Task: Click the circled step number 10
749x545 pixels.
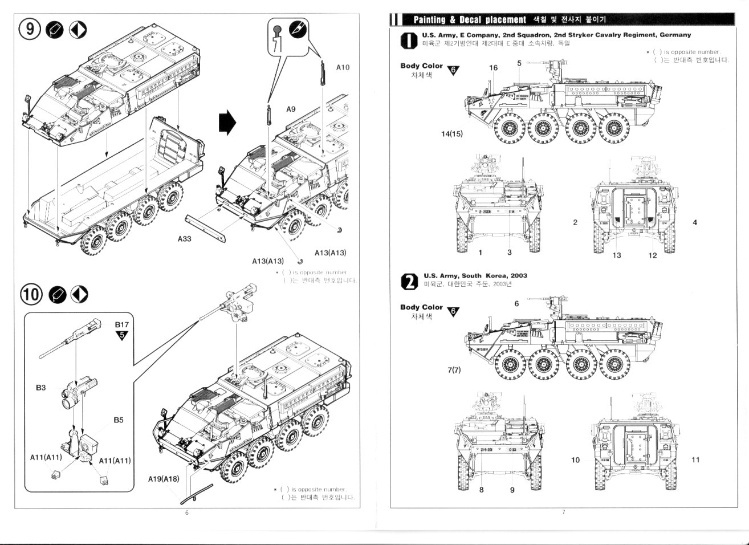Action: tap(32, 294)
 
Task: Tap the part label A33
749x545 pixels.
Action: tap(184, 239)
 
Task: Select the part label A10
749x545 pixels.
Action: tap(343, 67)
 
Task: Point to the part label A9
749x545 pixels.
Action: tap(291, 108)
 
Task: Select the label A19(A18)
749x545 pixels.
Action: tap(164, 478)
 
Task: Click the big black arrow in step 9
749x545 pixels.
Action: tap(227, 123)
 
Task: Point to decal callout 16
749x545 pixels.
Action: tap(493, 68)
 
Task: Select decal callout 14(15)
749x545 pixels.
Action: tap(451, 134)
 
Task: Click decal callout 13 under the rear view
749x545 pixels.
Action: tap(616, 255)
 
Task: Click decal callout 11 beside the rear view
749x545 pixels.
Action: tap(695, 460)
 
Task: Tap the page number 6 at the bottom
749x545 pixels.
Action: tap(186, 512)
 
